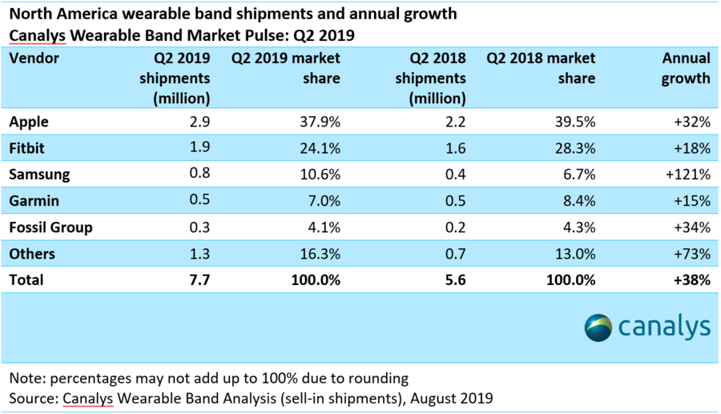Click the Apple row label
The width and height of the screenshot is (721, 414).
coord(29,123)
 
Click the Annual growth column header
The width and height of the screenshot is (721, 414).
coord(686,68)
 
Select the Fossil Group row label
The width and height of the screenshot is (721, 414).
coord(50,227)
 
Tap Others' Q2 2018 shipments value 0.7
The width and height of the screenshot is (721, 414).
coord(455,254)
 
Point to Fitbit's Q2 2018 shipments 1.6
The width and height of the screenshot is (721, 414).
coord(455,149)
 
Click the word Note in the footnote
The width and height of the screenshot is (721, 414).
coord(25,377)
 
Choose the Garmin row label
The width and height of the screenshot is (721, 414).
coord(33,201)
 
